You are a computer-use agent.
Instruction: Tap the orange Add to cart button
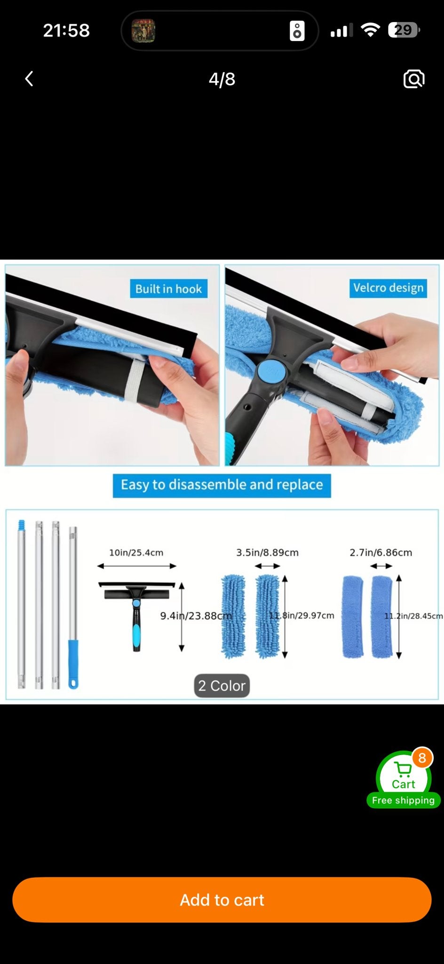tap(222, 900)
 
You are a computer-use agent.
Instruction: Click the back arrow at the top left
tap(29, 79)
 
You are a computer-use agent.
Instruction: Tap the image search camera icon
tap(414, 79)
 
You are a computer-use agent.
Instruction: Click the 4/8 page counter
tap(222, 79)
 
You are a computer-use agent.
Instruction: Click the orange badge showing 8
tap(422, 758)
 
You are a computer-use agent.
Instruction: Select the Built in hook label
tap(168, 289)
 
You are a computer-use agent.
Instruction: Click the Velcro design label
tap(388, 288)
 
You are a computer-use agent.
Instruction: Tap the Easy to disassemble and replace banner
tap(222, 485)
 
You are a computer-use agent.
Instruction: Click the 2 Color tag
tap(222, 685)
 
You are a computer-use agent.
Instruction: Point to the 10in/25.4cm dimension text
tap(136, 553)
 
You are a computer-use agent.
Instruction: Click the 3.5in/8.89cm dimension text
tap(267, 553)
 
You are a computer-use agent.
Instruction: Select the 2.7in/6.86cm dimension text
tap(381, 553)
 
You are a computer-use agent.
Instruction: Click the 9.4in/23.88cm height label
tap(196, 616)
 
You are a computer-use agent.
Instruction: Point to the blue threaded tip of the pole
tap(21, 525)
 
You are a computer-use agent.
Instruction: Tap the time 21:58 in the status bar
tap(66, 31)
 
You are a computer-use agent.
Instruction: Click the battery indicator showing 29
tap(404, 31)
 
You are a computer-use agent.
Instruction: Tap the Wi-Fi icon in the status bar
tap(370, 31)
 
